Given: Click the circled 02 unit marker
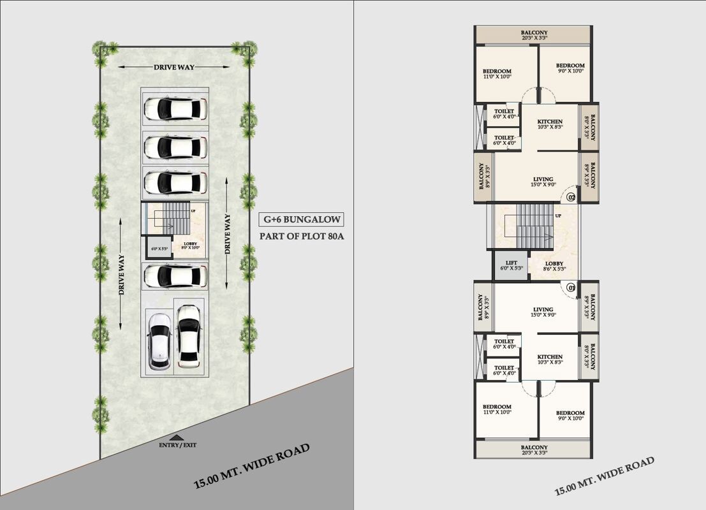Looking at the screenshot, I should pyautogui.click(x=571, y=197).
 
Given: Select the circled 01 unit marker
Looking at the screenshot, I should pyautogui.click(x=571, y=288).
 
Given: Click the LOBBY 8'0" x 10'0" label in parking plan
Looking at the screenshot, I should pyautogui.click(x=191, y=246).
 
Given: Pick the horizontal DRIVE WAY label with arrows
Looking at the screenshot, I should pyautogui.click(x=173, y=67).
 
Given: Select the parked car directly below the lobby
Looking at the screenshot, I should pyautogui.click(x=174, y=277).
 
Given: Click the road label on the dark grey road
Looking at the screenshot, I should pyautogui.click(x=252, y=466).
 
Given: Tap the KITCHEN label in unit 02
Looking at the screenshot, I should pyautogui.click(x=549, y=124).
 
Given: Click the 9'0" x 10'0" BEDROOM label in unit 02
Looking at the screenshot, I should pyautogui.click(x=570, y=68).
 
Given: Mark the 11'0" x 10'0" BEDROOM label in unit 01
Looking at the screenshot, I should pyautogui.click(x=496, y=409).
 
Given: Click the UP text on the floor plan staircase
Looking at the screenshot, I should pyautogui.click(x=558, y=216).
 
